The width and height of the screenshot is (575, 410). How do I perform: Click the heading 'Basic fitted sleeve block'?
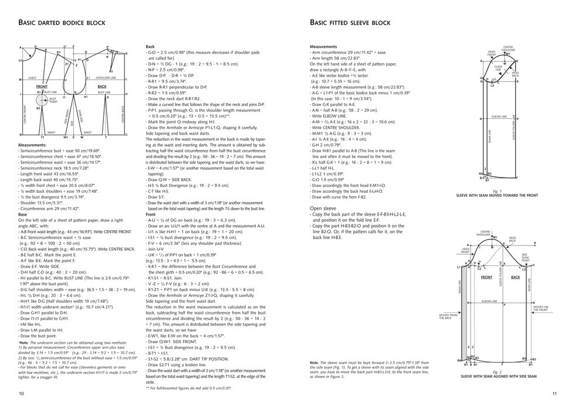pyautogui.click(x=350, y=23)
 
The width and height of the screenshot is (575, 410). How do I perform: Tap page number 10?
pyautogui.click(x=21, y=393)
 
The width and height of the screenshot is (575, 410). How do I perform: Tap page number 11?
pyautogui.click(x=554, y=393)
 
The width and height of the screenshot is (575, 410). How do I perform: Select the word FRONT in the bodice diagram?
pyautogui.click(x=42, y=87)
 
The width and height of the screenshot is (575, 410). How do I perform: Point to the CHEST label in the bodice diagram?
pyautogui.click(x=32, y=77)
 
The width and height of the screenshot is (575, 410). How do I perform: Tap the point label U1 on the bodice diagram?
pyautogui.click(x=21, y=60)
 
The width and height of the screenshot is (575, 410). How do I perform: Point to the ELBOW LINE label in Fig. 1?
pyautogui.click(x=499, y=117)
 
